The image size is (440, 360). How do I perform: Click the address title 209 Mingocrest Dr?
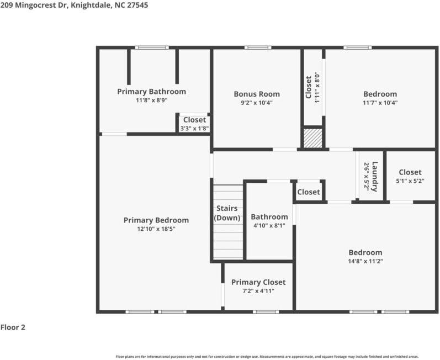pos(74,5)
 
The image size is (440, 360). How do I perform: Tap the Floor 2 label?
pos(13,327)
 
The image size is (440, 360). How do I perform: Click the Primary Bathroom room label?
pos(151,92)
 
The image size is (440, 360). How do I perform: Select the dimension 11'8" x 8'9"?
pos(151,100)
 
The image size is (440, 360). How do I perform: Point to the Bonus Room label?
pos(256,94)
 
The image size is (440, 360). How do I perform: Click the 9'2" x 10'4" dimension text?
pos(256,103)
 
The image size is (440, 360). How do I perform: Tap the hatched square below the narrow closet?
pos(312,138)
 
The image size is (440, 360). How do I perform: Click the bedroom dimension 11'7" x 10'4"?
pos(380,103)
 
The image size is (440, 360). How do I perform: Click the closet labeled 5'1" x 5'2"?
pos(410,176)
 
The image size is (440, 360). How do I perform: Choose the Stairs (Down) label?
pos(227,213)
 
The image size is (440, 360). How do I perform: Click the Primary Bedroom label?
pos(156,220)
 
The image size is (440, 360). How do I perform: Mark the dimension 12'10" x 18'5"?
pos(156,229)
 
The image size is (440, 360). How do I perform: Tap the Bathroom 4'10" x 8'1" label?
pos(269,221)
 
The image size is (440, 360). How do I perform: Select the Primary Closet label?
pos(258,282)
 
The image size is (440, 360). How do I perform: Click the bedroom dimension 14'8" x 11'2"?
pos(365,261)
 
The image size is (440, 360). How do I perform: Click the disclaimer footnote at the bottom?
pos(267,357)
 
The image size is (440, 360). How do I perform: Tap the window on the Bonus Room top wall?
pos(258,47)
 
